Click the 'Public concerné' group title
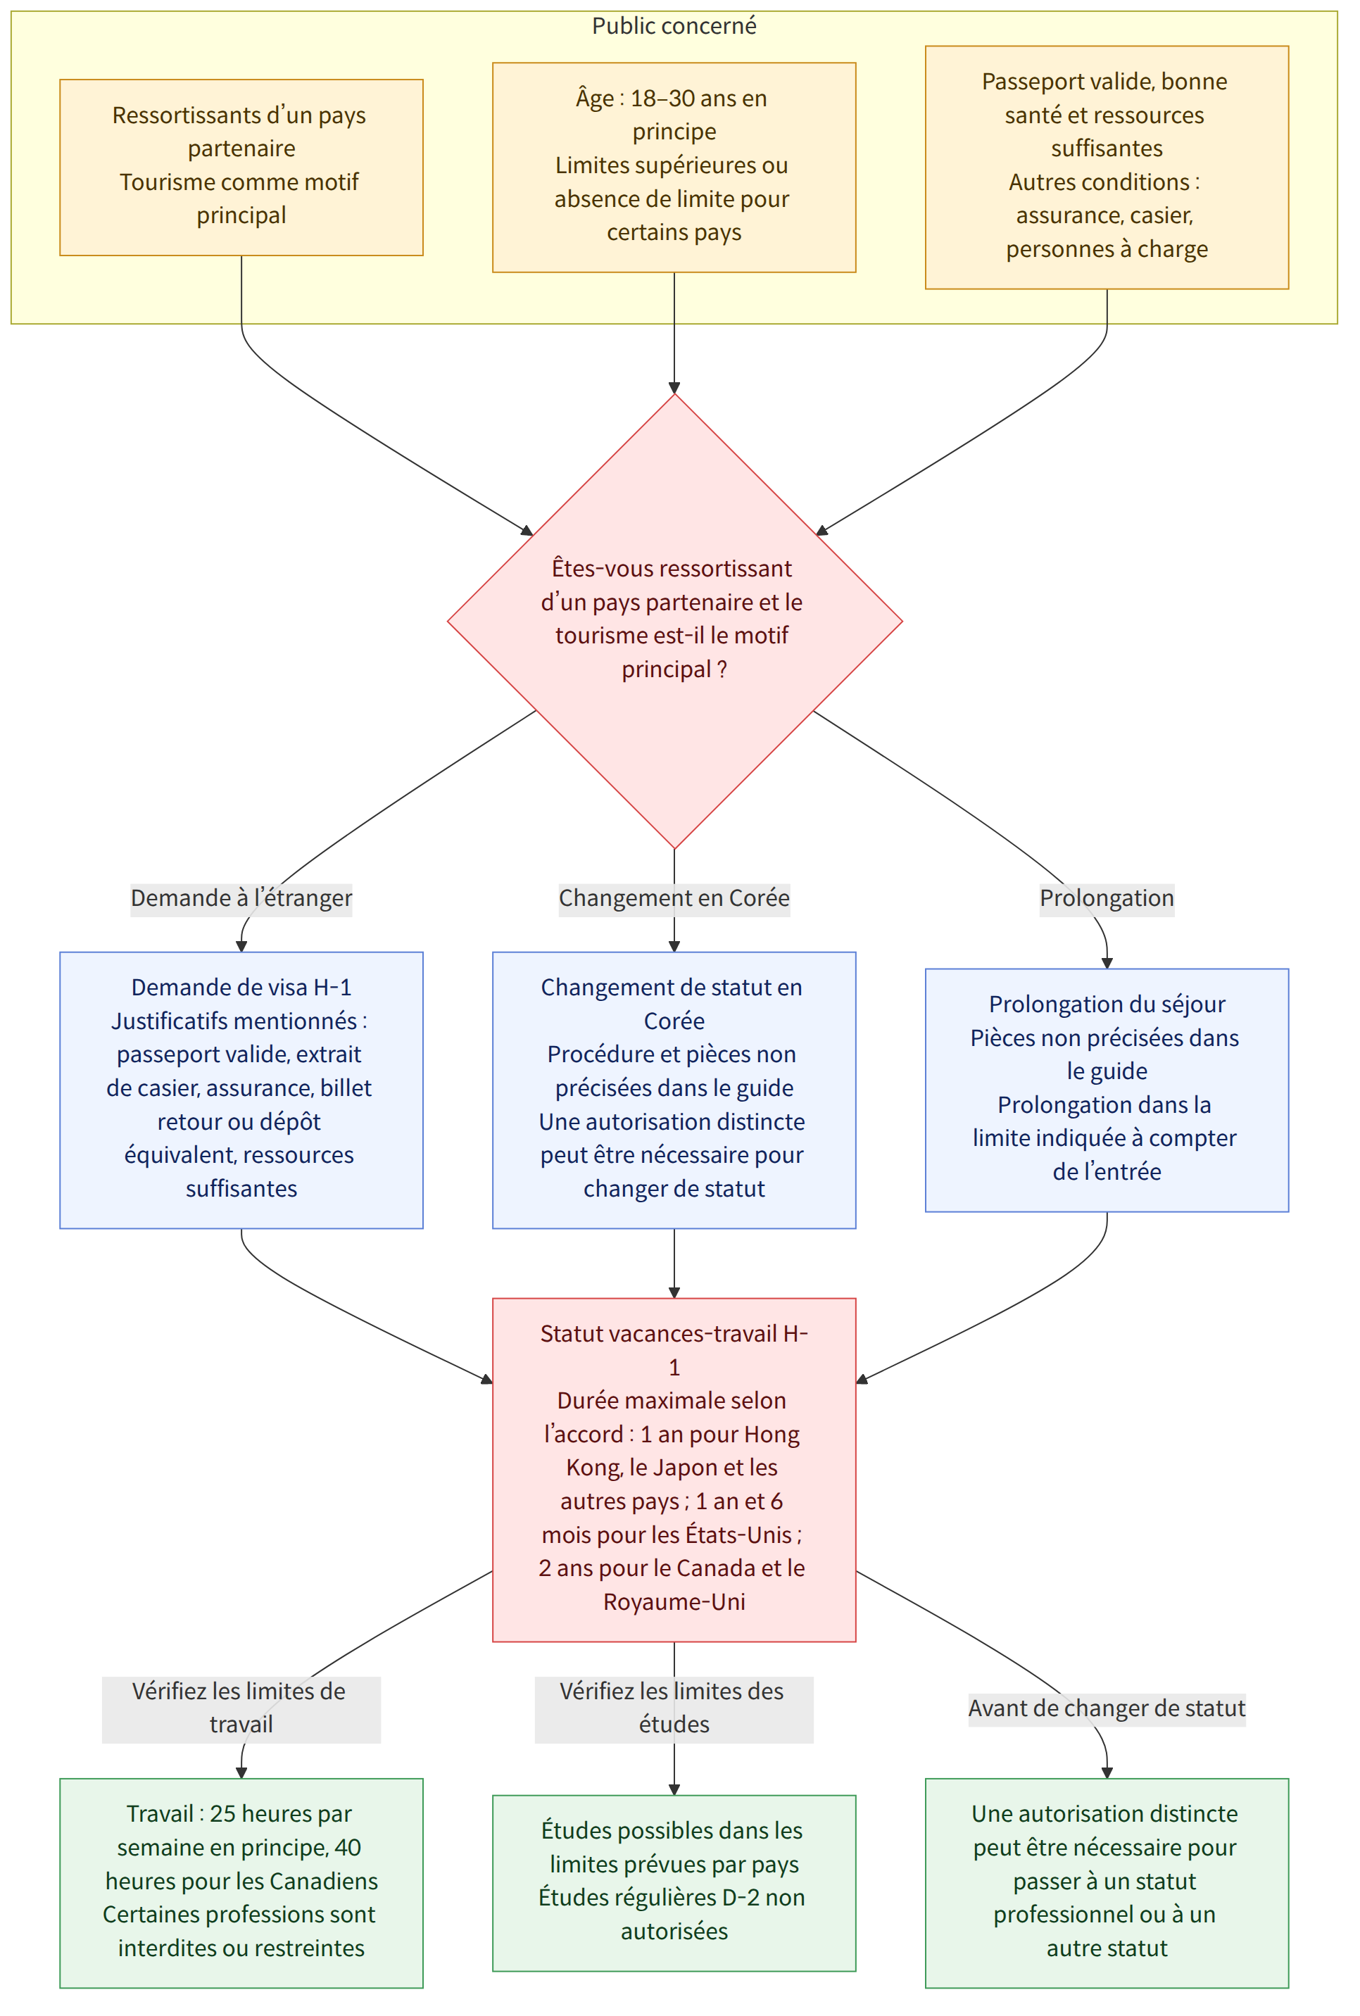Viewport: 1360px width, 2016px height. point(674,26)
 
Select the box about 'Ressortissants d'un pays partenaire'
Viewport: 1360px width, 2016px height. point(241,168)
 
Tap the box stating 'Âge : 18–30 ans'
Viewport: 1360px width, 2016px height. point(674,168)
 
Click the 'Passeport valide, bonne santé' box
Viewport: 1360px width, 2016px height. point(1107,168)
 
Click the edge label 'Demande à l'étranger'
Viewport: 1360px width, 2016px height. point(241,898)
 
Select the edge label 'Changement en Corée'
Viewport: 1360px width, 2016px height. point(674,898)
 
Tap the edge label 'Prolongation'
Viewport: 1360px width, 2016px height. point(1107,898)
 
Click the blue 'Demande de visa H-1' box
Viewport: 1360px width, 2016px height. point(241,1090)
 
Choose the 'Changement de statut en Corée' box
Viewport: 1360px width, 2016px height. point(674,1090)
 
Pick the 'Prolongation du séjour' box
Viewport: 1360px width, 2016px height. point(1107,1090)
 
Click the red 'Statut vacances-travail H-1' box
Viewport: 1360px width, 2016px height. point(674,1470)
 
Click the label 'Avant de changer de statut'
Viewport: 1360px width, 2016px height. point(1107,1709)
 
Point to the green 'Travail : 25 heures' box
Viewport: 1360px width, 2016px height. point(241,1882)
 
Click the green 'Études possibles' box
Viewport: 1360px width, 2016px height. point(674,1882)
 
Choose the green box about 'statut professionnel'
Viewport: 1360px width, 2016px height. point(1107,1882)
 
